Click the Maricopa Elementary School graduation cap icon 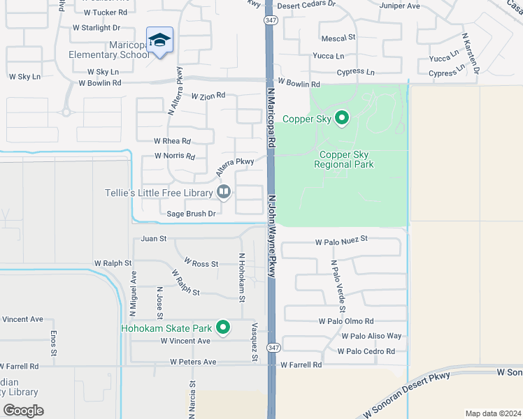click(159, 40)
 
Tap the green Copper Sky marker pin click(342, 118)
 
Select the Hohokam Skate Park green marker click(223, 327)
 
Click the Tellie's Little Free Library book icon click(224, 191)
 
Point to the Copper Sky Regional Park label click(343, 160)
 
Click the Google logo click(24, 411)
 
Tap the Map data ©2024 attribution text click(492, 413)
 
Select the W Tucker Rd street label click(106, 13)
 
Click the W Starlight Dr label click(96, 28)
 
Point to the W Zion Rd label click(208, 96)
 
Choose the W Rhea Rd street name click(172, 140)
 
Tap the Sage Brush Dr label click(191, 214)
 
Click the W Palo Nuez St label click(341, 242)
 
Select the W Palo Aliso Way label click(371, 336)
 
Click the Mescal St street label click(338, 38)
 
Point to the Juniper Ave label click(399, 6)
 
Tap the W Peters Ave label click(193, 362)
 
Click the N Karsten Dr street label click(471, 52)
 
